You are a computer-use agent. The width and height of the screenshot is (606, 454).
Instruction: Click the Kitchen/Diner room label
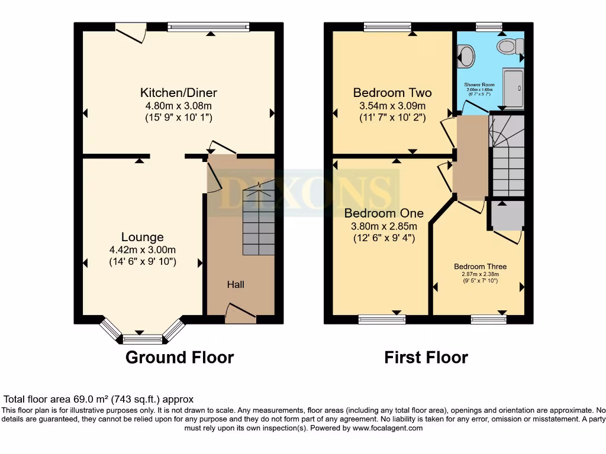[178, 93]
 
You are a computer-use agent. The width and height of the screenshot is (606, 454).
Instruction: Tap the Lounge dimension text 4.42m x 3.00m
[143, 249]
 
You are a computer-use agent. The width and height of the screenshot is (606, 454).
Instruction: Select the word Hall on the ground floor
[236, 285]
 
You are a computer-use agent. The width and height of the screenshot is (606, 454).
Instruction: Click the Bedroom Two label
[392, 93]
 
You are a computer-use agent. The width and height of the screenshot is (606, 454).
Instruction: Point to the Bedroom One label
[381, 213]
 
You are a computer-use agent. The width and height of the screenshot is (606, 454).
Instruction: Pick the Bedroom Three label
[480, 267]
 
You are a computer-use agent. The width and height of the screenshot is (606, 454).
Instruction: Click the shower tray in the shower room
[512, 88]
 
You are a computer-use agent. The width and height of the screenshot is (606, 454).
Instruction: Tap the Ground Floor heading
[179, 358]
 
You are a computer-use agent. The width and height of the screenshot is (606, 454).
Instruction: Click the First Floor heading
[426, 358]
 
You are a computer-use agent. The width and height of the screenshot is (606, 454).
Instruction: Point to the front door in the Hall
[241, 313]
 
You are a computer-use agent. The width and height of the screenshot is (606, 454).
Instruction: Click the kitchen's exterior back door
[131, 32]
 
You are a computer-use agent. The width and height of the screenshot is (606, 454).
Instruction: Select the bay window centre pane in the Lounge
[142, 339]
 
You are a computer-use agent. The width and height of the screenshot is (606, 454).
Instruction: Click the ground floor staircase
[259, 222]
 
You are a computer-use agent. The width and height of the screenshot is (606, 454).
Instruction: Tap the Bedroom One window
[378, 319]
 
